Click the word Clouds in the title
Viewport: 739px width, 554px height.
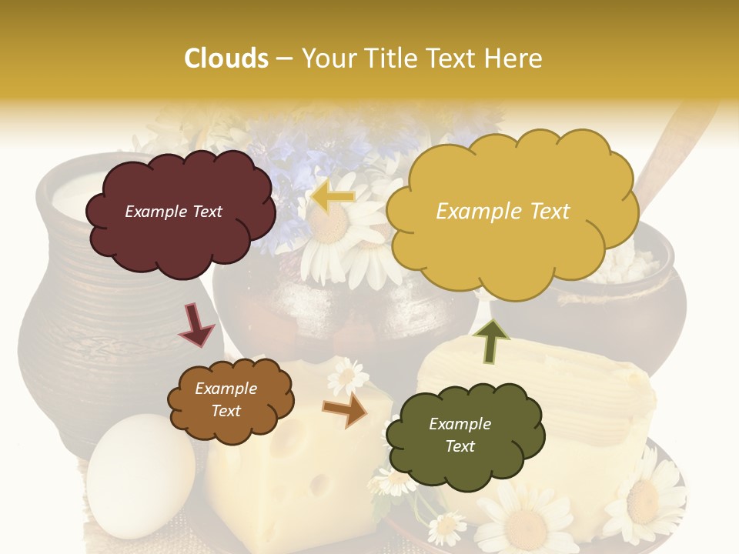tap(226, 58)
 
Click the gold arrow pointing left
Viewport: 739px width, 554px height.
tap(333, 198)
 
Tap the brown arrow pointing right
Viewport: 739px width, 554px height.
tap(346, 410)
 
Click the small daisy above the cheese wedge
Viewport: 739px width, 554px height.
tap(348, 376)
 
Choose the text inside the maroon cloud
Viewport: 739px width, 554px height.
tap(173, 212)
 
